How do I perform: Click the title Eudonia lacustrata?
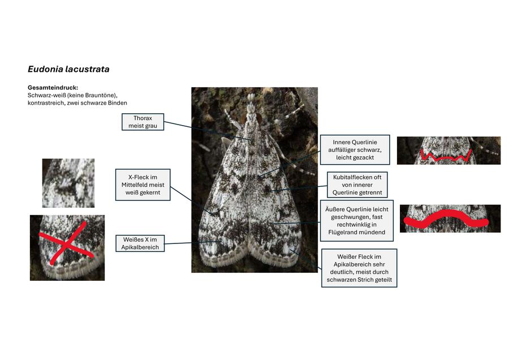[68, 69]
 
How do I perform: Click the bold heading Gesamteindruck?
[53, 88]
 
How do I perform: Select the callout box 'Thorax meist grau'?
[143, 122]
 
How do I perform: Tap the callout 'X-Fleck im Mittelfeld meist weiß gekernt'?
[143, 185]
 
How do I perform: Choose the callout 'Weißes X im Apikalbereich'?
[140, 243]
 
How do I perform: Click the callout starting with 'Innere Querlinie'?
[355, 150]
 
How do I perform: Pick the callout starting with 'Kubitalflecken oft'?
[357, 185]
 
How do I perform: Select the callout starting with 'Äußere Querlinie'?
[357, 221]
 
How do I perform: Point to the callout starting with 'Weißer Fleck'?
[359, 268]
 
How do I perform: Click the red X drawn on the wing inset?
[66, 245]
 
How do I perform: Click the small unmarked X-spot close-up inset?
[68, 183]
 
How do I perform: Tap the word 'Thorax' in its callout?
[143, 118]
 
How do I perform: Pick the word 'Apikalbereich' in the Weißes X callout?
[140, 247]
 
